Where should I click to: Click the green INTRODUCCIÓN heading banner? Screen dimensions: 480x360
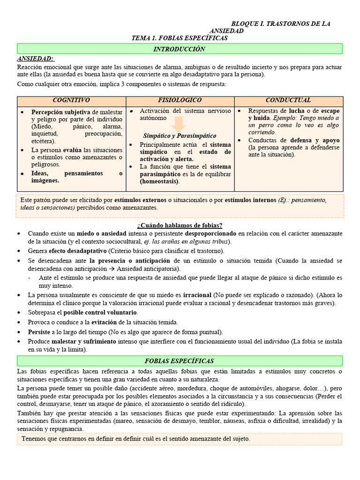click(180, 49)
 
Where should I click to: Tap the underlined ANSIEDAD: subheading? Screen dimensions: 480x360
click(35, 59)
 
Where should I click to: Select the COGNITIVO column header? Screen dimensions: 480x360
click(71, 101)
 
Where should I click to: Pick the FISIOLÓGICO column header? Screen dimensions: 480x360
click(180, 101)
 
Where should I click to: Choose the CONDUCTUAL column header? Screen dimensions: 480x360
click(288, 101)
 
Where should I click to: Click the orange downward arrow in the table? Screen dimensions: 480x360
click(179, 124)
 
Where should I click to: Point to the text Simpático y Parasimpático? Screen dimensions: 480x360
click(180, 136)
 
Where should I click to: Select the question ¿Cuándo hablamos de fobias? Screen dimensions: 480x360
click(180, 225)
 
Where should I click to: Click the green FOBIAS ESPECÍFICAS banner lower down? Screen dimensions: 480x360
click(180, 361)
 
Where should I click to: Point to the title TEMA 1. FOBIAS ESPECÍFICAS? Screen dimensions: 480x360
click(180, 38)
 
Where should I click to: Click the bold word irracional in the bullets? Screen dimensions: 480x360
click(197, 295)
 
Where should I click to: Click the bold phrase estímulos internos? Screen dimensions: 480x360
click(250, 200)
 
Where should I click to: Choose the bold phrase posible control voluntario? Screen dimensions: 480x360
click(100, 313)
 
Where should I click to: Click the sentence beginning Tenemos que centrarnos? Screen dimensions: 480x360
click(136, 439)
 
